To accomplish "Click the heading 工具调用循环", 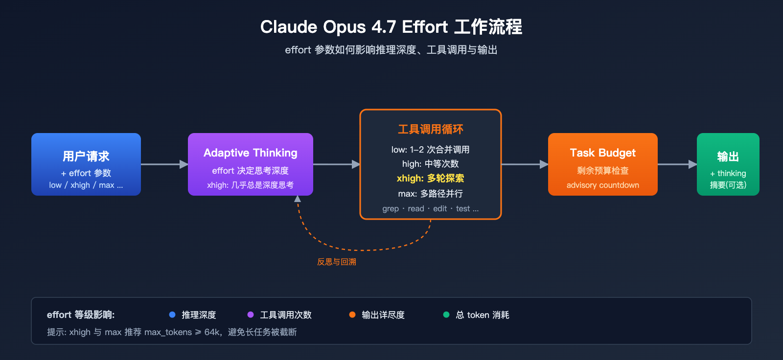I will pos(430,129).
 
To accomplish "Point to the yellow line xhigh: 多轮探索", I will pos(430,179).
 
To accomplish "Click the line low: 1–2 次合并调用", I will pos(430,150).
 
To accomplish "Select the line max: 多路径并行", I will pos(430,194).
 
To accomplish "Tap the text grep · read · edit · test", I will pos(430,209).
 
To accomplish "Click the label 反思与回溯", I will pos(337,262).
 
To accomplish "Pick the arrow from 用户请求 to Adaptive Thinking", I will pos(164,164).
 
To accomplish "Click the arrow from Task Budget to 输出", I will pos(677,164).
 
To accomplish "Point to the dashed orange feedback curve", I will pos(362,249).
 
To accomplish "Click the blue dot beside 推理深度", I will pos(172,315).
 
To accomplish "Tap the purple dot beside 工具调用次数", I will pos(251,315).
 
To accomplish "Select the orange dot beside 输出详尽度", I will pos(352,315).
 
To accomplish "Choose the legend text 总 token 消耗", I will pos(482,315).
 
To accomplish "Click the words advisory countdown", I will pos(602,185).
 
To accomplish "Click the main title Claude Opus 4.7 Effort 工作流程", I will pos(391,27).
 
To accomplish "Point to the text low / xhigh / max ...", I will pos(86,185).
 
